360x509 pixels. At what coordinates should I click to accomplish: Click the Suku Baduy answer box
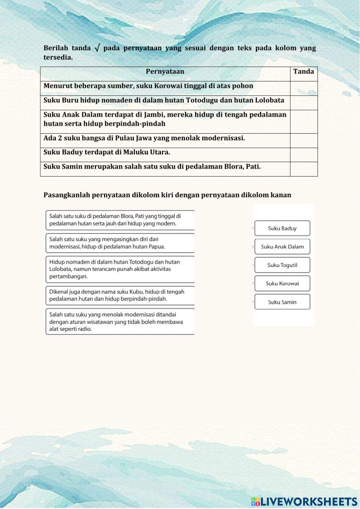282,228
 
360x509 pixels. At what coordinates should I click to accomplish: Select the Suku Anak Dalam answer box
282,247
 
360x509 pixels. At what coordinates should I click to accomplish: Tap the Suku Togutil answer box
282,265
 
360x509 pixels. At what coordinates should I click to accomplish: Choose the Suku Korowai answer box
282,283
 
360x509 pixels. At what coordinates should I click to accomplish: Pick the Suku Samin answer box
282,302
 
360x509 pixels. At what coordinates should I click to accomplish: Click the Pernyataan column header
165,72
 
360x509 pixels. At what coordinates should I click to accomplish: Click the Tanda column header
303,72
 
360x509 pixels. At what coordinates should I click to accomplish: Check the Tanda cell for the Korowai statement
303,88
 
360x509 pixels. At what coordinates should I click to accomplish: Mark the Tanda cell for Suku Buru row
303,103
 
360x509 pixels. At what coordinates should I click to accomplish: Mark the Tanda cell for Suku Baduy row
303,155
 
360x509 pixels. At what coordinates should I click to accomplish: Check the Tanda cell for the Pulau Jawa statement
303,140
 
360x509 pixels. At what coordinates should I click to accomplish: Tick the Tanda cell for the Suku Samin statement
303,169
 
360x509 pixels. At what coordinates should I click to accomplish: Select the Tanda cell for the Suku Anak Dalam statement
303,121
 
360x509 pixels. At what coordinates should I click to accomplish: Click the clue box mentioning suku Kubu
120,295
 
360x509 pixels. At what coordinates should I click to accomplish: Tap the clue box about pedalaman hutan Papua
120,243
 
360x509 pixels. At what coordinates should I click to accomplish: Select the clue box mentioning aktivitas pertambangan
120,269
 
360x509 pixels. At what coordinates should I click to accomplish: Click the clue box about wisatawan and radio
120,322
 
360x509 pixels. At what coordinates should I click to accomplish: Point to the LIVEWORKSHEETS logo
304,501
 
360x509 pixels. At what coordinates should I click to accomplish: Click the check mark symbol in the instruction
97,48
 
